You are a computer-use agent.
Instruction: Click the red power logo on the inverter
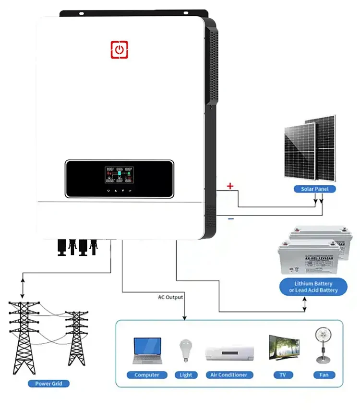point(120,50)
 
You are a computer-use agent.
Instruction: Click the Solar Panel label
point(314,189)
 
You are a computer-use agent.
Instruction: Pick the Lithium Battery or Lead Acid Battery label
point(313,287)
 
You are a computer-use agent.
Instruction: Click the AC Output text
point(170,297)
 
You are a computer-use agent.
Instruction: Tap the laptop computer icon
point(147,351)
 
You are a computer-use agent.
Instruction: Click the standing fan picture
point(321,345)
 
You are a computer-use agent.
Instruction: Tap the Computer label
point(147,375)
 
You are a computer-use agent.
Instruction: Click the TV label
point(283,375)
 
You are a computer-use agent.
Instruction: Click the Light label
point(186,375)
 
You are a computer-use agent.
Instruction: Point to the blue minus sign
point(231,219)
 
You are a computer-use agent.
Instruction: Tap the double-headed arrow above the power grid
point(23,286)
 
